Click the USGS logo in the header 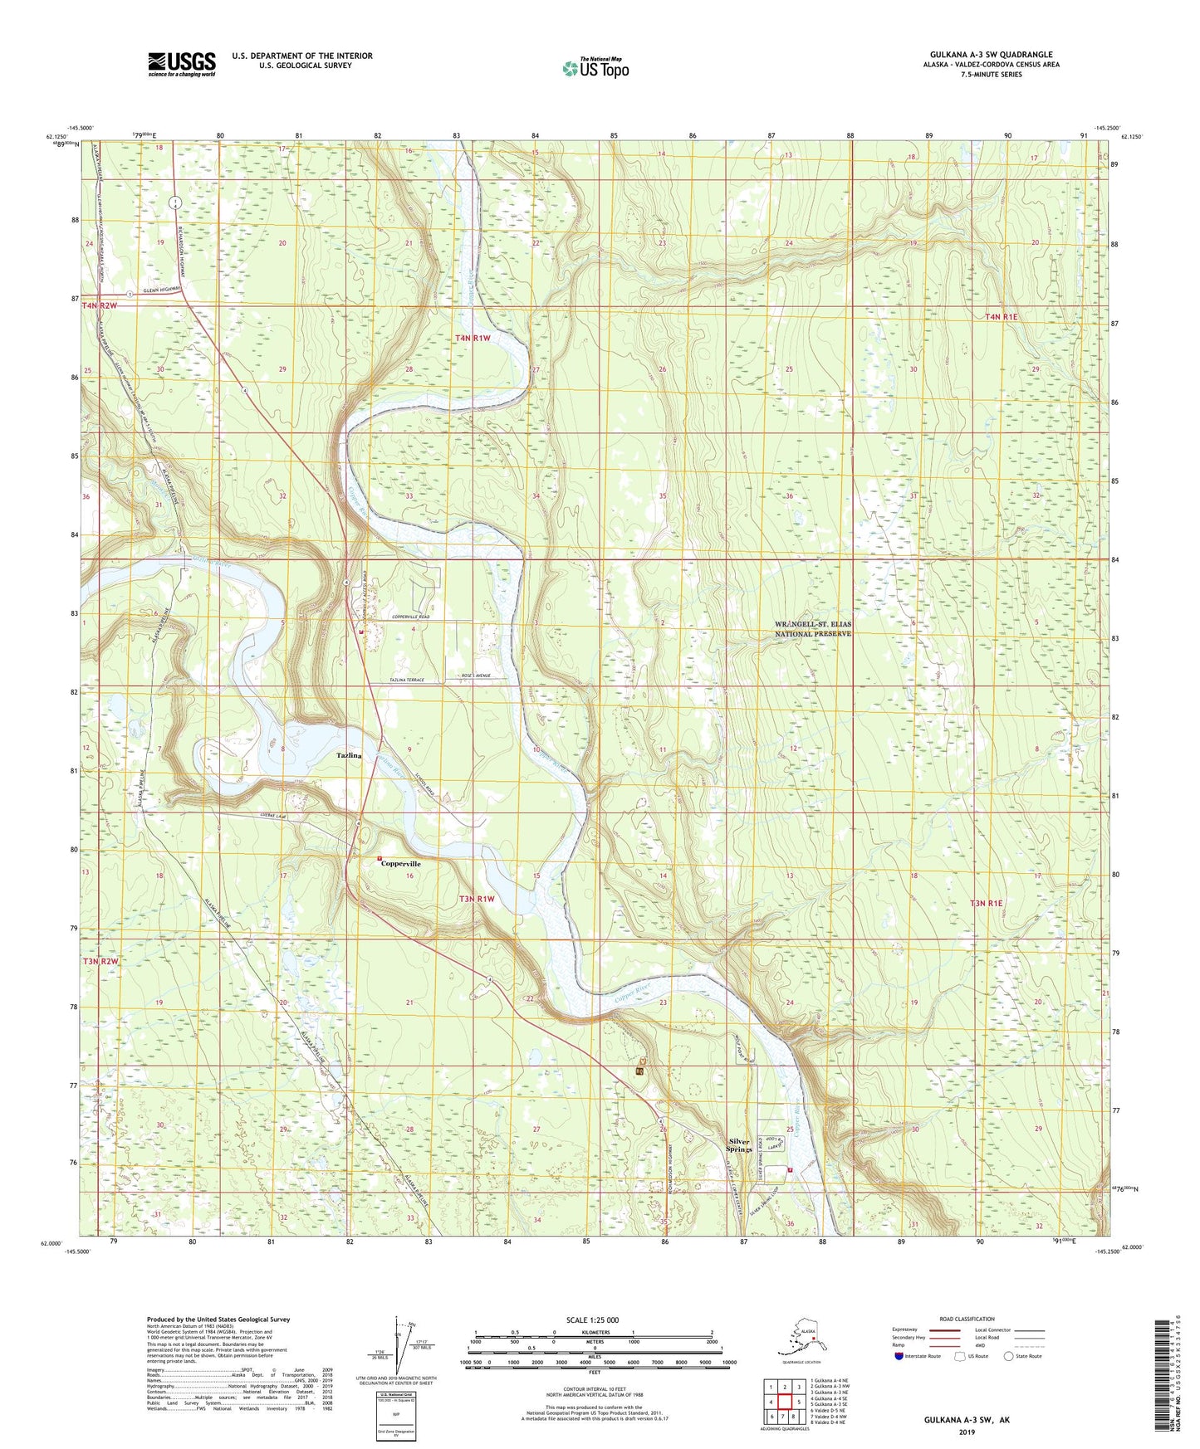(x=181, y=64)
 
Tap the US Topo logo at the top (x=595, y=68)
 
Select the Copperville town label (x=400, y=863)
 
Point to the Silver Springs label (x=738, y=1145)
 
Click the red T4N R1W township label (x=473, y=338)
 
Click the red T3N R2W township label (x=100, y=961)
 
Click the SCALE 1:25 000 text (x=592, y=1320)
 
